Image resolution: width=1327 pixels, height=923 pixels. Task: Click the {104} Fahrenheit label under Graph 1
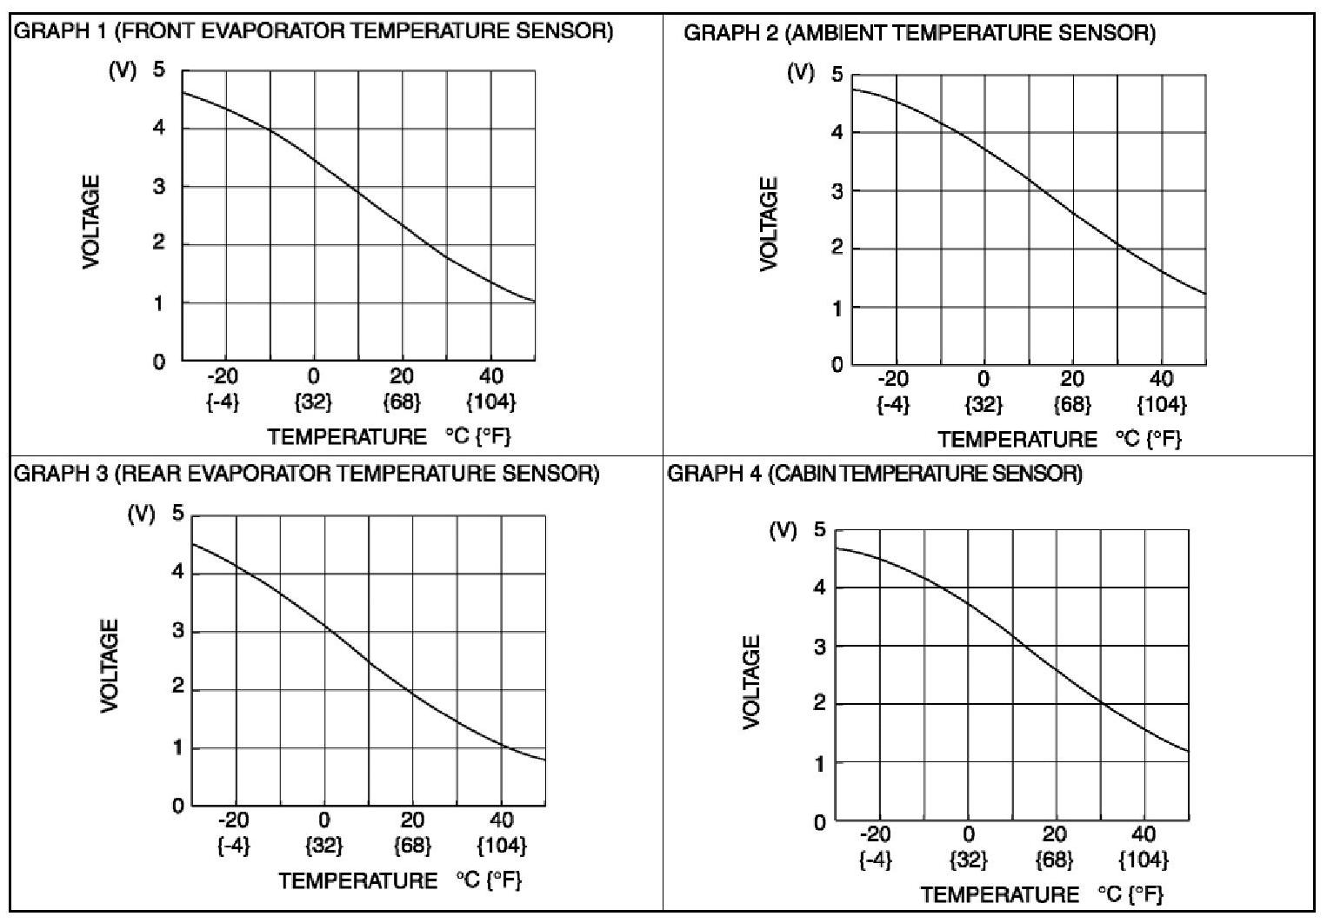pyautogui.click(x=491, y=402)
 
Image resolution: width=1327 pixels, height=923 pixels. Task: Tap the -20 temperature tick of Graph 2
pyautogui.click(x=893, y=379)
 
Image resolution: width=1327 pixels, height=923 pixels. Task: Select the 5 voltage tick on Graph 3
pyautogui.click(x=178, y=514)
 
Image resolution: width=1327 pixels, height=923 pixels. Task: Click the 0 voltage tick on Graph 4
pyautogui.click(x=819, y=821)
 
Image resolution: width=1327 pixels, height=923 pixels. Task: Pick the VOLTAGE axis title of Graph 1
pyautogui.click(x=91, y=222)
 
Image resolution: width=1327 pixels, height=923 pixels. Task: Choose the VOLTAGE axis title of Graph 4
pyautogui.click(x=752, y=682)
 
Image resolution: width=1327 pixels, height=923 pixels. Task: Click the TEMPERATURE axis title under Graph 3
pyautogui.click(x=357, y=881)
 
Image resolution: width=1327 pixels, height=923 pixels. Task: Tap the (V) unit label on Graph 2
pyautogui.click(x=800, y=72)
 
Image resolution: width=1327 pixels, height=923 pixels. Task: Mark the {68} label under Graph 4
pyautogui.click(x=1054, y=860)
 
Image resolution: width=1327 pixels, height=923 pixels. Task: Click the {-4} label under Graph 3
pyautogui.click(x=233, y=846)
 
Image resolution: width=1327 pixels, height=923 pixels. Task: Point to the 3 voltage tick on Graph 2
pyautogui.click(x=837, y=191)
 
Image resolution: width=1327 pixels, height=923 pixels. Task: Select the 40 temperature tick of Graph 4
pyautogui.click(x=1144, y=835)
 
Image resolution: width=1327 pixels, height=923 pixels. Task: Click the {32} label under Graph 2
pyautogui.click(x=984, y=405)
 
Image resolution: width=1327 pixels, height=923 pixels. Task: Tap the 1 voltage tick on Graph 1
pyautogui.click(x=159, y=303)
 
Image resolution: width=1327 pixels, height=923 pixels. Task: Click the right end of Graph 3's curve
pyautogui.click(x=544, y=760)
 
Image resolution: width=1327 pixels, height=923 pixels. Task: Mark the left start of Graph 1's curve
pyautogui.click(x=183, y=92)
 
